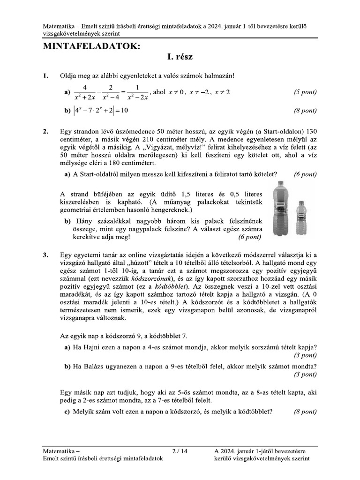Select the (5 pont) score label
[305, 92]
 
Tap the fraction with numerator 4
[85, 92]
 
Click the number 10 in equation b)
[124, 111]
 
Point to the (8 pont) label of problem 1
[305, 111]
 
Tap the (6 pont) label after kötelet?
[305, 174]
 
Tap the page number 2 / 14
[180, 451]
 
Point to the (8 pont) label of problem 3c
[305, 412]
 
